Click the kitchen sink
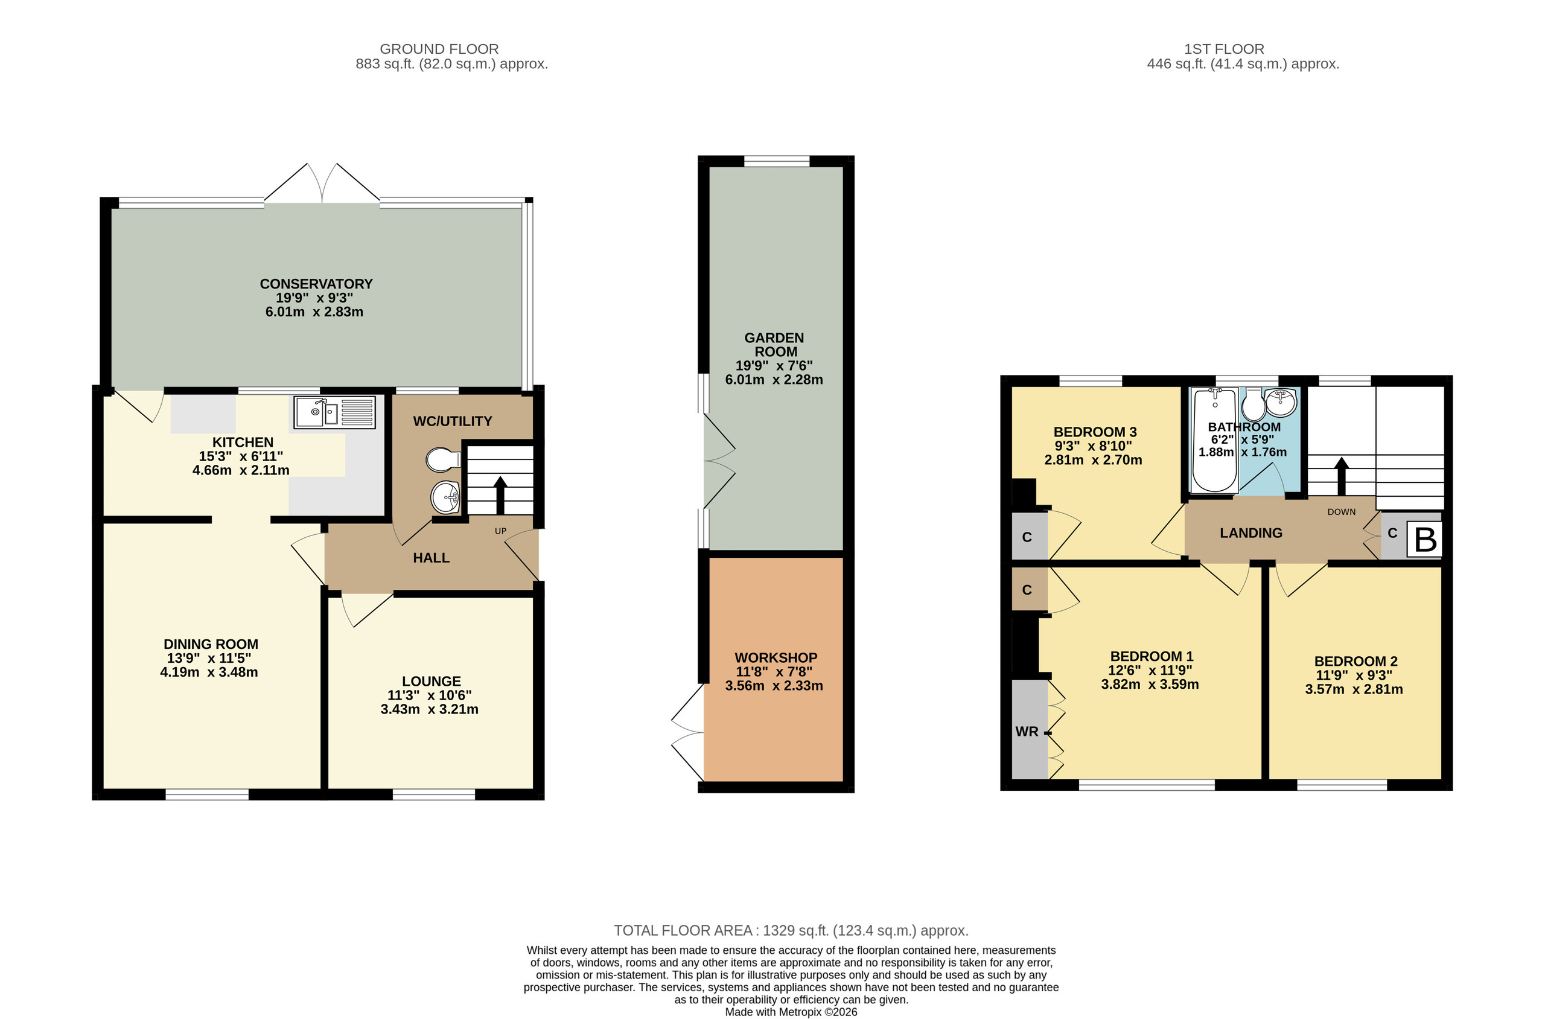click(x=334, y=412)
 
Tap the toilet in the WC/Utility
click(x=444, y=459)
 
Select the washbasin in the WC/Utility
click(x=446, y=498)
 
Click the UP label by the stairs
click(x=500, y=531)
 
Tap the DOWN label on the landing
click(x=1341, y=512)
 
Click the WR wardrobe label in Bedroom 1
click(x=1027, y=732)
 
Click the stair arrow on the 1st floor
click(x=1341, y=476)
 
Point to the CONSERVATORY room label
click(x=316, y=284)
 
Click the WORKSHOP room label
click(x=776, y=657)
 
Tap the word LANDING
click(x=1250, y=533)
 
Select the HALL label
click(x=432, y=558)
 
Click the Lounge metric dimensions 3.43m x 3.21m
click(x=430, y=709)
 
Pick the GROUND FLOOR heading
click(x=439, y=49)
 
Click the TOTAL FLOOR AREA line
click(x=791, y=931)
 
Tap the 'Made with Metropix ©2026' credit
click(x=791, y=1012)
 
